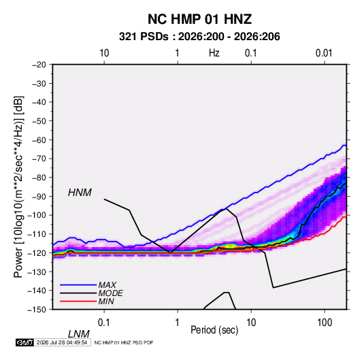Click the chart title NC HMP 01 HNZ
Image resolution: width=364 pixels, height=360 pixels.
pos(199,19)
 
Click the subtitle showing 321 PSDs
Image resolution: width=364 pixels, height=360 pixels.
pos(199,37)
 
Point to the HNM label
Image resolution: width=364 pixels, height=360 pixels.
pos(80,193)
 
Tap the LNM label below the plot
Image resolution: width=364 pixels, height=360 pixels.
pos(78,334)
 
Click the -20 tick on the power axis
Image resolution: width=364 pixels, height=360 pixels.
pos(39,65)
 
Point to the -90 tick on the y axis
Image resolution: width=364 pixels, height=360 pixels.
pos(39,196)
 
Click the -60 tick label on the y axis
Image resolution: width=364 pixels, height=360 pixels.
pos(39,140)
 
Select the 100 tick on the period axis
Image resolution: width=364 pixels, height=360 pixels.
pos(325,323)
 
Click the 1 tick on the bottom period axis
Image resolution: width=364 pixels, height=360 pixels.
pos(177,323)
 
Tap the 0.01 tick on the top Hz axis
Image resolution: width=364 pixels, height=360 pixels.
pos(324,53)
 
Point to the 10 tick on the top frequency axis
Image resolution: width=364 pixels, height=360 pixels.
pos(104,53)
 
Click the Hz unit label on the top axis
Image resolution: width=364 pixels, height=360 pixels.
pos(214,53)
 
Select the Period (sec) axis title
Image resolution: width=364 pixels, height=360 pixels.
pos(214,330)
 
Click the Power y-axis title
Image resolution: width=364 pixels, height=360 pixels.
pos(19,186)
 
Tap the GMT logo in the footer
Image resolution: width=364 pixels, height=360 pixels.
pos(24,342)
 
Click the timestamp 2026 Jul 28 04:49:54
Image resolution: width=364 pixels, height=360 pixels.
pos(62,342)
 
